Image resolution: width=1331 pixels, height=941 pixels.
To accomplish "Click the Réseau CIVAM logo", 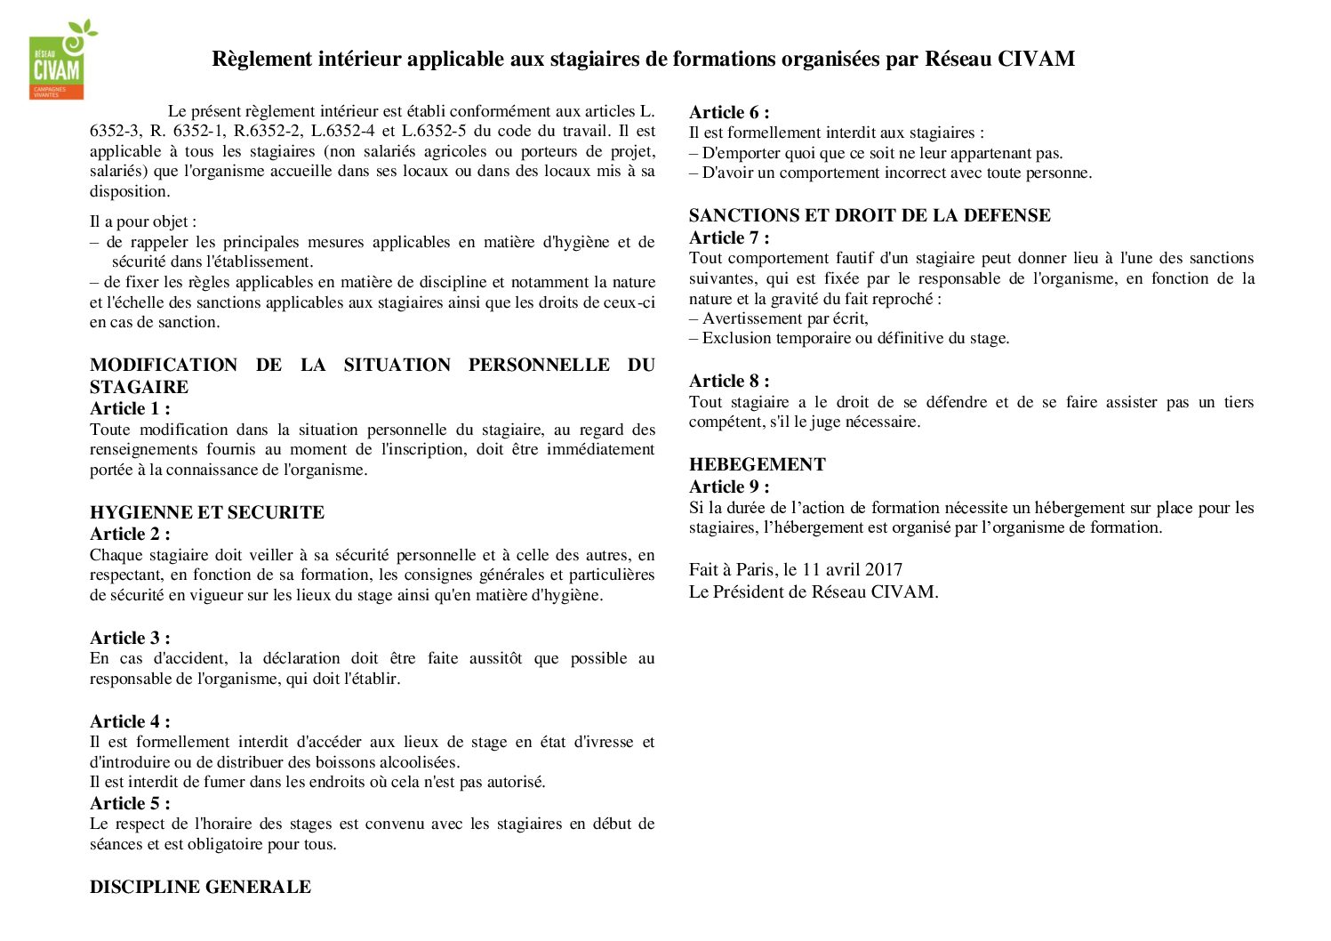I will pyautogui.click(x=59, y=60).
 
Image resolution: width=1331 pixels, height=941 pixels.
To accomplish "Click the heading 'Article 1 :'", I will pyautogui.click(x=130, y=409).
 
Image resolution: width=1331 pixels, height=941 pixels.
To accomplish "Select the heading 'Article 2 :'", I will pyautogui.click(x=130, y=535).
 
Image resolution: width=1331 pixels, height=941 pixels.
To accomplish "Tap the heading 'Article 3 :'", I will pyautogui.click(x=130, y=639).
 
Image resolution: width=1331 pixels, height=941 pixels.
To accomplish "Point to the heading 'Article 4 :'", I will pyautogui.click(x=130, y=722).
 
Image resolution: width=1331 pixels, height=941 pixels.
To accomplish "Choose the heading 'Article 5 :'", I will pyautogui.click(x=130, y=804).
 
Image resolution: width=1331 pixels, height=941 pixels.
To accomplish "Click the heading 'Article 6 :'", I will pyautogui.click(x=729, y=113).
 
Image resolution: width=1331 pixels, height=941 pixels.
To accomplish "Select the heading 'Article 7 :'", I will pyautogui.click(x=729, y=238).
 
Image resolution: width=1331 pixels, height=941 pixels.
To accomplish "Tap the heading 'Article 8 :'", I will pyautogui.click(x=729, y=382).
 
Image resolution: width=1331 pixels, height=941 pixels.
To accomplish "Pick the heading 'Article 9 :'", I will pyautogui.click(x=729, y=487).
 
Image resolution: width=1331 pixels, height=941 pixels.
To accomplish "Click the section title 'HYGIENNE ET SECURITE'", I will pyautogui.click(x=207, y=513).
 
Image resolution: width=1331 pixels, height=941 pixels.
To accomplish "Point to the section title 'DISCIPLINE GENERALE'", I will pyautogui.click(x=200, y=888).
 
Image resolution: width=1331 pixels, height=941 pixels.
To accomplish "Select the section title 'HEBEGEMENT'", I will pyautogui.click(x=757, y=465).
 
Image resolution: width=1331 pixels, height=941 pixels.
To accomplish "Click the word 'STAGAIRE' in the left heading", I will pyautogui.click(x=139, y=388).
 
